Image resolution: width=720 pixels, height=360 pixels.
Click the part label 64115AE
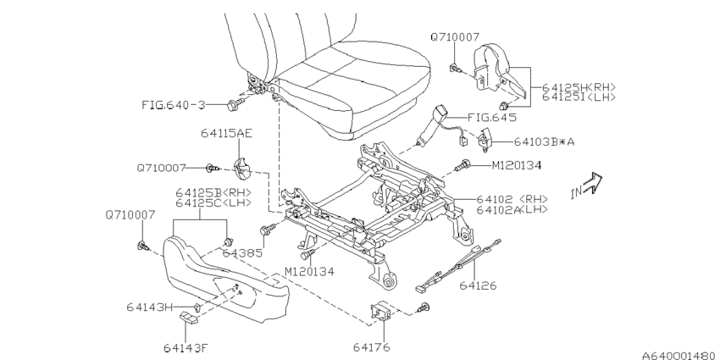[x=226, y=133]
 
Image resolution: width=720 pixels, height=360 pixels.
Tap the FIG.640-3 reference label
[x=174, y=105]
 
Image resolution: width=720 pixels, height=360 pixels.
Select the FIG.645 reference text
[x=492, y=118]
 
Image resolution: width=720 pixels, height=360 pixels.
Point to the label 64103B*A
[x=544, y=141]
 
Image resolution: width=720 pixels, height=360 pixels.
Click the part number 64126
[x=478, y=285]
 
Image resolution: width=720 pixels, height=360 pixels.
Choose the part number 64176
[x=372, y=346]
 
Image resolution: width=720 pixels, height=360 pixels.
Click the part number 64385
[x=242, y=252]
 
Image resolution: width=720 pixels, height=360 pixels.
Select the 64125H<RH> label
[x=579, y=86]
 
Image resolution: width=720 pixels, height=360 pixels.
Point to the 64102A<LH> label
[x=512, y=210]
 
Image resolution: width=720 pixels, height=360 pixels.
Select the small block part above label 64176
[x=379, y=313]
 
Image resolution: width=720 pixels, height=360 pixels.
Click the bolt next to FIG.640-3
[x=233, y=105]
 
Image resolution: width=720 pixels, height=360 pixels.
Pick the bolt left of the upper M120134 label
[x=462, y=166]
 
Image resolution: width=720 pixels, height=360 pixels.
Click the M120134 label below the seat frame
[x=309, y=272]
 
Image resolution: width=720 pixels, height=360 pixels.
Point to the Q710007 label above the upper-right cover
[x=455, y=37]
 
